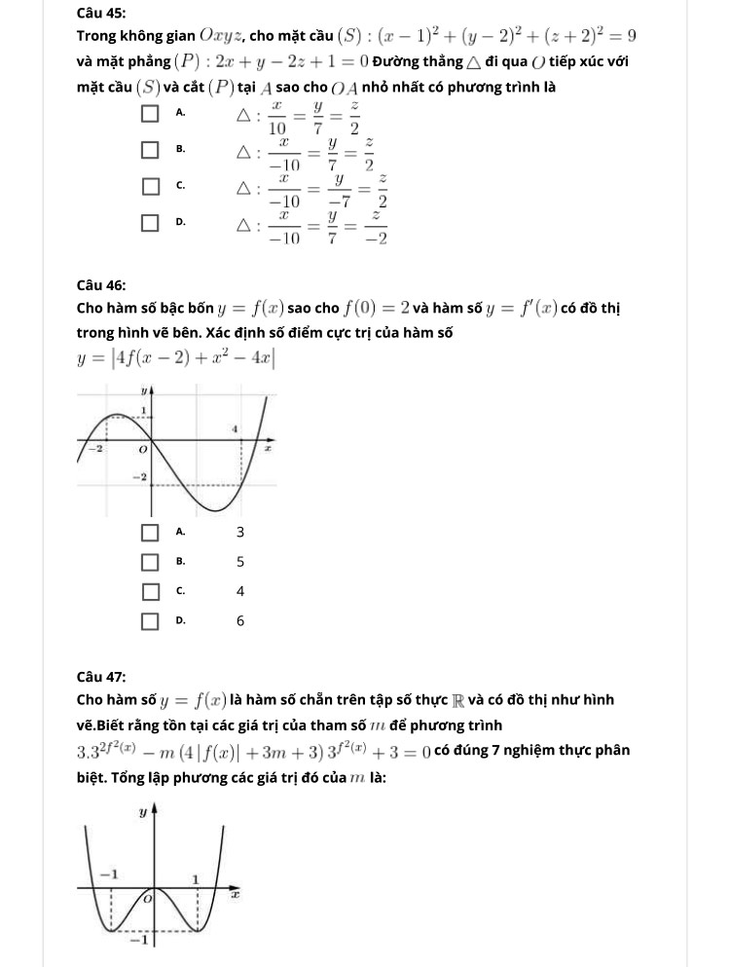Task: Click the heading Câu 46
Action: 100,285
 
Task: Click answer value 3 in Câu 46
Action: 240,533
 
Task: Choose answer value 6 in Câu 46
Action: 240,620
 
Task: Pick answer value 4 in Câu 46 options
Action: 240,591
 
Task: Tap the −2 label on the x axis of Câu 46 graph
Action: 96,449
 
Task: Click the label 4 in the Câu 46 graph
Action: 234,428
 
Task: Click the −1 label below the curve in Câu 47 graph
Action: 140,942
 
